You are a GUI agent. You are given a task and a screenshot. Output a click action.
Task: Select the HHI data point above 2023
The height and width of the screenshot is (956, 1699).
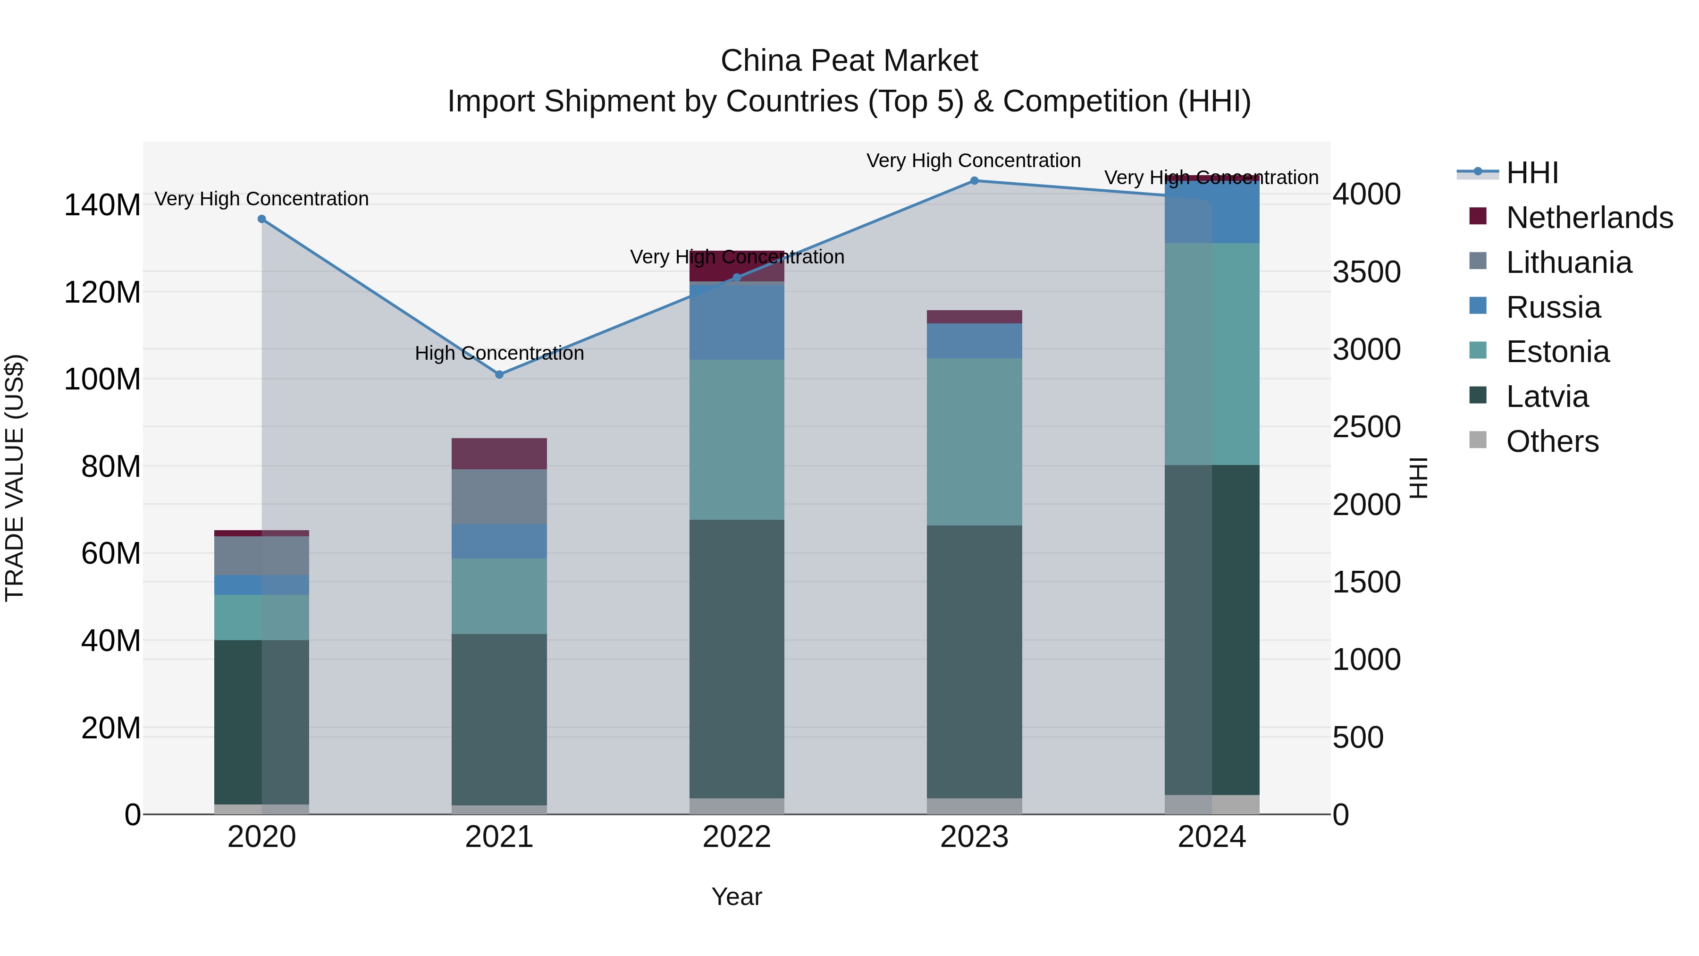click(x=974, y=181)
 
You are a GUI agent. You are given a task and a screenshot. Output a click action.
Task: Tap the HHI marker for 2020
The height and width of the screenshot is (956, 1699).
click(x=262, y=219)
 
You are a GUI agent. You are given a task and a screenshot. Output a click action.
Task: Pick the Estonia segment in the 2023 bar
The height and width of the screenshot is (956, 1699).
click(x=974, y=442)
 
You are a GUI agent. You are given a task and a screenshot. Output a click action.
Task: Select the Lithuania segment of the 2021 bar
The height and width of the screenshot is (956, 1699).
click(x=499, y=497)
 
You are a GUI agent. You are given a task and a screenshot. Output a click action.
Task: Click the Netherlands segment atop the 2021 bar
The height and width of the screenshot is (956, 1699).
click(x=499, y=453)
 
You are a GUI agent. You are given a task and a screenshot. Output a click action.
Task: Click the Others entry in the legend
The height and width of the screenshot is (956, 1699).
click(x=1552, y=441)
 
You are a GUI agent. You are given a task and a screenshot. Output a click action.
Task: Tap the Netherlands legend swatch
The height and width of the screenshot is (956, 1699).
click(x=1478, y=216)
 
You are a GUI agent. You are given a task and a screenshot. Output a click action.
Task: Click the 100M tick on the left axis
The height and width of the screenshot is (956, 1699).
click(x=102, y=380)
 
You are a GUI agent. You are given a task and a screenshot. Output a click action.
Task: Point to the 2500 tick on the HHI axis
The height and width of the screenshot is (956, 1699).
click(x=1366, y=427)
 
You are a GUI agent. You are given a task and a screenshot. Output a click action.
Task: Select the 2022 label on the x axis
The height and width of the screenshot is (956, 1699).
click(x=737, y=837)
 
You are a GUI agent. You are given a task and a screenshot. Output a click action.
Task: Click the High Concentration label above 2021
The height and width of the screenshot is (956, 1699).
click(x=499, y=354)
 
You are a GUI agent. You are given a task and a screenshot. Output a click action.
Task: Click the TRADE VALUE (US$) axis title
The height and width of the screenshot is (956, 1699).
click(x=15, y=478)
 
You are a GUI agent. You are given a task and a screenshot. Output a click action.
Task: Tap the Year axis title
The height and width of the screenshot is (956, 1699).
click(x=737, y=897)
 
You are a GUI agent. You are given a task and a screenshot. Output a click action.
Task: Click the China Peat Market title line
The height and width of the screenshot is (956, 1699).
click(x=849, y=61)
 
